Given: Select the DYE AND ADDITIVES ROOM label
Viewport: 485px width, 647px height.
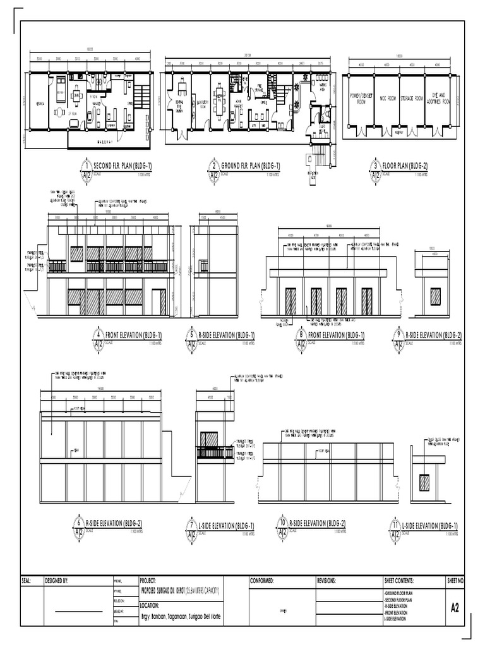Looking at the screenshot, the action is click(437, 99).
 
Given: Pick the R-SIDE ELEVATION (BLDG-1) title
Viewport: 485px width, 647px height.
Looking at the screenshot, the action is click(227, 335).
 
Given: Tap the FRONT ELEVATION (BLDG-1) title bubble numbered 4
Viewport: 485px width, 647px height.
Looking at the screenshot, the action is click(99, 334).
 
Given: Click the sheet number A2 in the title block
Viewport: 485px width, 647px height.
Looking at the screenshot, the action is click(455, 608).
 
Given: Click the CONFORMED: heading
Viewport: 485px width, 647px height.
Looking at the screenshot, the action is click(261, 581).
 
